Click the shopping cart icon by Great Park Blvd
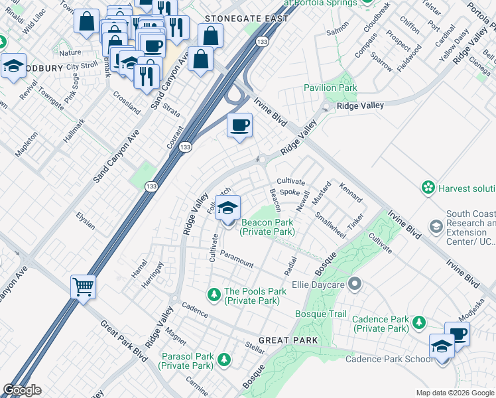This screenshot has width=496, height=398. click(x=84, y=287)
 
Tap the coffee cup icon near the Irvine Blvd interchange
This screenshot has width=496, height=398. click(x=239, y=125)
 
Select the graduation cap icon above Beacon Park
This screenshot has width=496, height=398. click(x=227, y=208)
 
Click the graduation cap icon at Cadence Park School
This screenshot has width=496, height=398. click(x=442, y=347)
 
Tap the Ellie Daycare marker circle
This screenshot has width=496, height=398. click(x=355, y=285)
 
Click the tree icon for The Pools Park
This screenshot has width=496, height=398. click(x=214, y=293)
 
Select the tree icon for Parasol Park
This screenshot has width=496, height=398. click(x=224, y=360)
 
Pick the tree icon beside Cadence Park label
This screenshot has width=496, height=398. click(x=418, y=323)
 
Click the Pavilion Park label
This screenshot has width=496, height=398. click(x=330, y=88)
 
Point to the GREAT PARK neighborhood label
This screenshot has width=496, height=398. click(x=288, y=340)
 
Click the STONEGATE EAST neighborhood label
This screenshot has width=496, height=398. click(x=246, y=19)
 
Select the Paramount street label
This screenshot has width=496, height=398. click(x=237, y=259)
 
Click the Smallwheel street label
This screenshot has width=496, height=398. click(x=330, y=226)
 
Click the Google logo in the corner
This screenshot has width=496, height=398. click(x=22, y=390)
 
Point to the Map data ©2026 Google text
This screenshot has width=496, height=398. click(x=454, y=393)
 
